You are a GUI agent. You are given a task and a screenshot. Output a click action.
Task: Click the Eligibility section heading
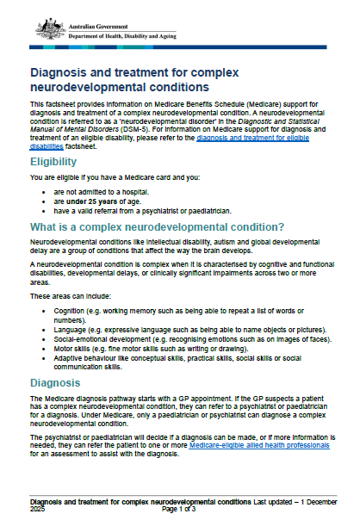(x=59, y=162)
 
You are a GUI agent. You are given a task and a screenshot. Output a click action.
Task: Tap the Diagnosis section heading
(x=57, y=383)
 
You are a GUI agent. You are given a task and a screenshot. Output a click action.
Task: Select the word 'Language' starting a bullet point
(x=70, y=327)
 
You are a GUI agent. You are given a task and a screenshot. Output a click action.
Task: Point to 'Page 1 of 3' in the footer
(x=180, y=509)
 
